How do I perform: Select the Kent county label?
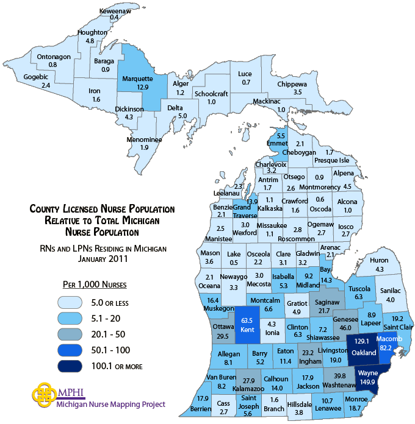point(247,330)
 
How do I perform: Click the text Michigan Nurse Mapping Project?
point(110,403)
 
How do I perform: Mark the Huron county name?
point(379,261)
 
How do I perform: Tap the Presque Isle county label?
point(331,160)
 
